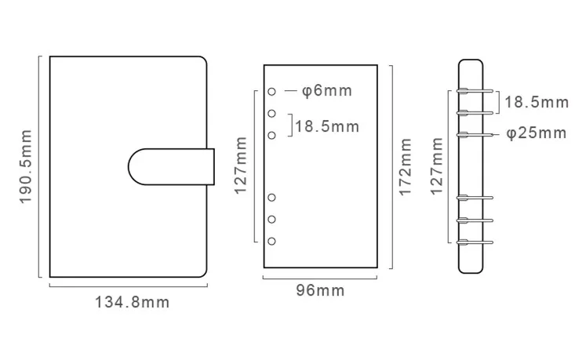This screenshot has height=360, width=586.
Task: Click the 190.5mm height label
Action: pyautogui.click(x=25, y=167)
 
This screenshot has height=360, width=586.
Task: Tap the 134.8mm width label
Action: pyautogui.click(x=133, y=302)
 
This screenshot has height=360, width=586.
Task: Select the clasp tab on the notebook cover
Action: pyautogui.click(x=171, y=167)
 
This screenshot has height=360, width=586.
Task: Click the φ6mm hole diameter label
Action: pyautogui.click(x=327, y=91)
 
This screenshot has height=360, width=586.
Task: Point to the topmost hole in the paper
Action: pyautogui.click(x=271, y=92)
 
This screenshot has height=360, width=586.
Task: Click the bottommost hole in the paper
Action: pyautogui.click(x=271, y=241)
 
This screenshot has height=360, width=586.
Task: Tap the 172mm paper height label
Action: pyautogui.click(x=405, y=167)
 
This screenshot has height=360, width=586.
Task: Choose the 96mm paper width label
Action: pyautogui.click(x=320, y=290)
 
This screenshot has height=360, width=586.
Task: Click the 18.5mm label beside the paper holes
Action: pyautogui.click(x=327, y=127)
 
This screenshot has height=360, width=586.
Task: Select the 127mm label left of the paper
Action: pyautogui.click(x=241, y=165)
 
